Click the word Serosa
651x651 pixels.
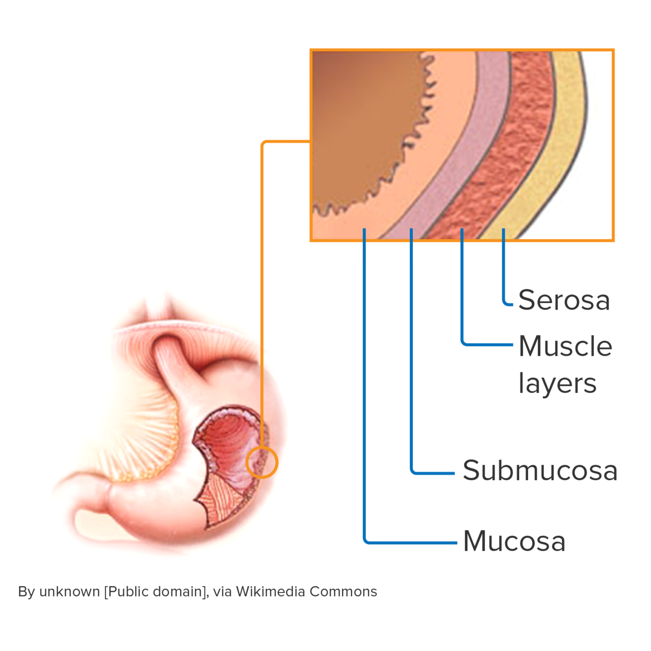point(564,300)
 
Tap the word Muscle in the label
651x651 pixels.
point(566,346)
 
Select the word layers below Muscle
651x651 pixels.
point(557,384)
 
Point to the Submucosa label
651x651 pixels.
point(540,471)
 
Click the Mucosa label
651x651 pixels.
point(514,542)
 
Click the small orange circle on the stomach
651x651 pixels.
point(262,462)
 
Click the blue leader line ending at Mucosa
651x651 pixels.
point(364,390)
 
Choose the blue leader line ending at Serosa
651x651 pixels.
point(503,268)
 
